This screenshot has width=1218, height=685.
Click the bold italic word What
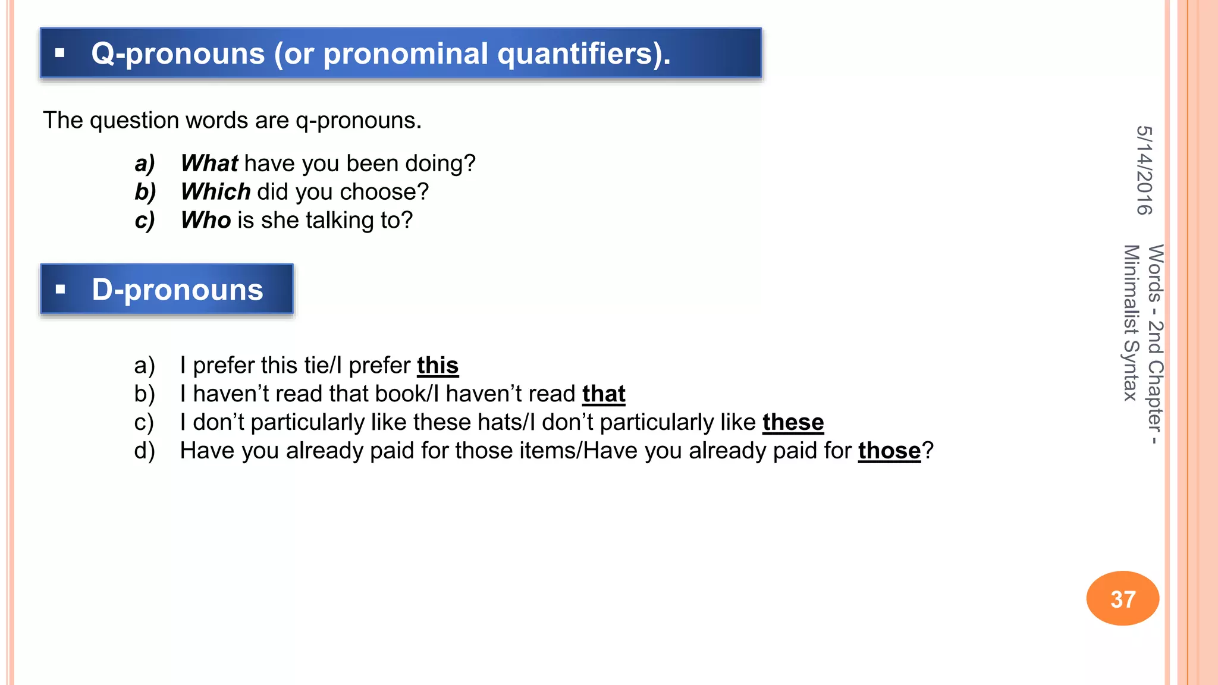pyautogui.click(x=209, y=164)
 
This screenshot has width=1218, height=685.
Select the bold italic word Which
pyautogui.click(x=216, y=192)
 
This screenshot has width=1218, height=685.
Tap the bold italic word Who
pyautogui.click(x=206, y=221)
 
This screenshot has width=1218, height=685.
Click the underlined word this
pyautogui.click(x=438, y=366)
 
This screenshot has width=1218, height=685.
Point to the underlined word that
pyautogui.click(x=604, y=394)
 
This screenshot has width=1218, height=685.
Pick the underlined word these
pyautogui.click(x=793, y=423)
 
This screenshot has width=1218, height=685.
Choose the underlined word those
pyautogui.click(x=889, y=451)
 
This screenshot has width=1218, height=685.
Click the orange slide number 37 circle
pyautogui.click(x=1123, y=599)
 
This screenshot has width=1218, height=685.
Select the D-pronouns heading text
pyautogui.click(x=177, y=290)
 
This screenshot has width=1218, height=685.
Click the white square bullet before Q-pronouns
pyautogui.click(x=59, y=53)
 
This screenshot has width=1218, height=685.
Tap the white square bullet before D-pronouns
pyautogui.click(x=60, y=290)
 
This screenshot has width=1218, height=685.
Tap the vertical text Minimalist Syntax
pyautogui.click(x=1131, y=323)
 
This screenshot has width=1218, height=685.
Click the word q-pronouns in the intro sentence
pyautogui.click(x=359, y=121)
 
